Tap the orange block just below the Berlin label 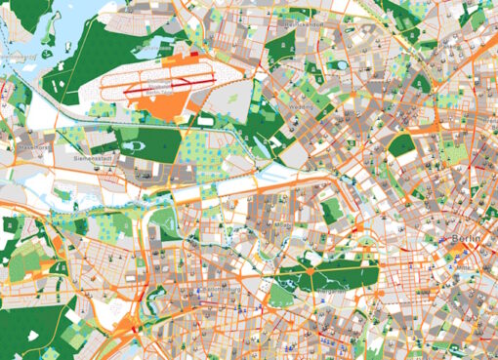tap(459, 252)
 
